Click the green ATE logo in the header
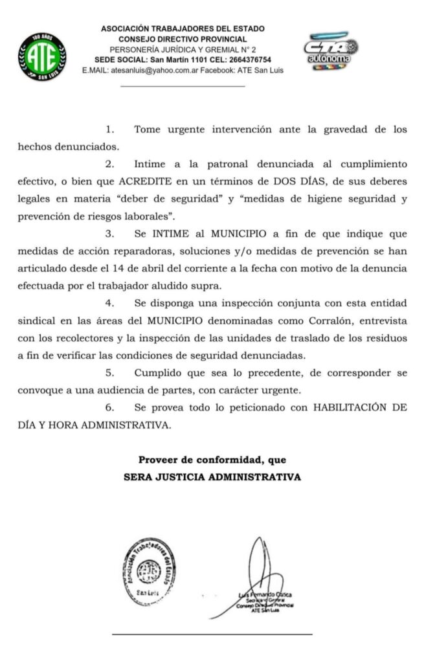point(42,56)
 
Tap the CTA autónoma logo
point(331,51)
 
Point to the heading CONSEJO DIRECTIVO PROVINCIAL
point(182,39)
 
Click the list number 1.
point(109,129)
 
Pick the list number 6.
point(109,408)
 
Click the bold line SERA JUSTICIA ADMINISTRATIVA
point(212,477)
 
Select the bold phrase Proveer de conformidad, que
point(212,460)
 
